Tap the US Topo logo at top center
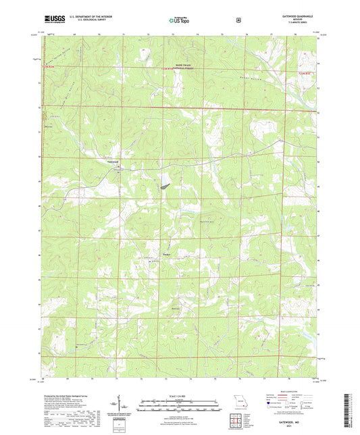tap(179, 20)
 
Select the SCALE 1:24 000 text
tap(179, 394)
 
